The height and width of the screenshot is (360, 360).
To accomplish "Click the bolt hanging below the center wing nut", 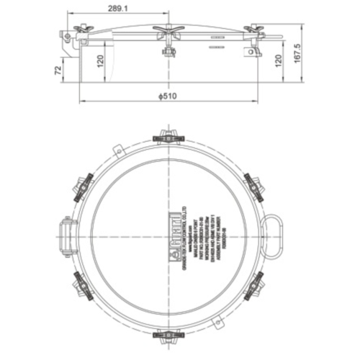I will point(171,52).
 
